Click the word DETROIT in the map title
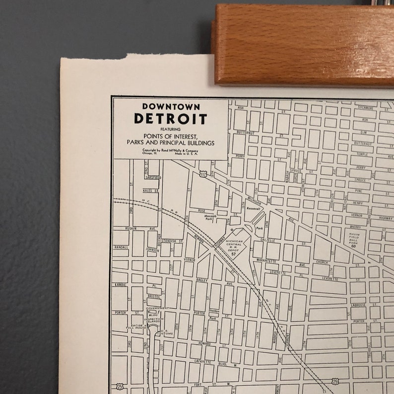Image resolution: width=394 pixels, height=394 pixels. (x=170, y=119)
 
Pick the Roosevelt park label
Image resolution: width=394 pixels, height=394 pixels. (x=253, y=209)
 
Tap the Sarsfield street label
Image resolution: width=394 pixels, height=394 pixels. (x=153, y=177)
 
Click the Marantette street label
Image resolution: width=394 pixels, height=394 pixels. (x=266, y=261)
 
